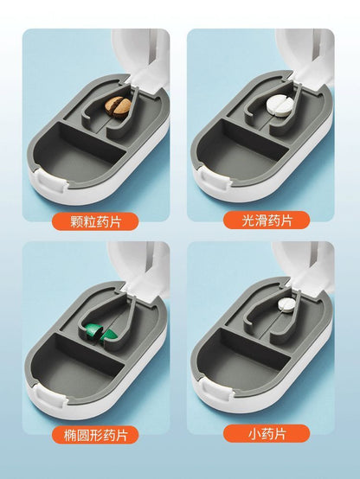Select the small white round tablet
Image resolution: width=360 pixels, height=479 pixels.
pos(286,304)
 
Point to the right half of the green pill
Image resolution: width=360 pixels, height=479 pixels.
pos(109,335)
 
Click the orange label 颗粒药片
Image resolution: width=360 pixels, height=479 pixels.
pos(95,221)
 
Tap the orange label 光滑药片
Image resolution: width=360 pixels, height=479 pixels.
pos(267,220)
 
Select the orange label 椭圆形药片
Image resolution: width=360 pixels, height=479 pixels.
pos(95,435)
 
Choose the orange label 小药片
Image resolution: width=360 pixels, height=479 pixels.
pos(267,433)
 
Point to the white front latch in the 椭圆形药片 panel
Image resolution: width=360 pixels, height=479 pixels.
pos(51,397)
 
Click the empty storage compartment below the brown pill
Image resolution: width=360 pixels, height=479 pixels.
pos(80,154)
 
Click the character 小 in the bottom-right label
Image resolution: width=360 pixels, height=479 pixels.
pos(254,433)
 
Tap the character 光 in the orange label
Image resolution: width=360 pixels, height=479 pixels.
pos(247,220)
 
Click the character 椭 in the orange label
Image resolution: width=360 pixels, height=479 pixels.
pos(70,435)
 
